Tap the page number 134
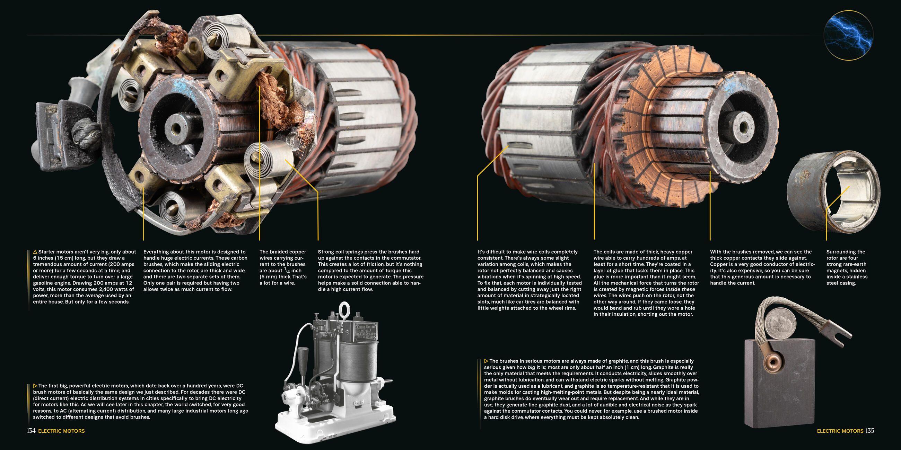tap(31, 431)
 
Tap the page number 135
tap(869, 431)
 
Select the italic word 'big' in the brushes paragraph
tap(532, 367)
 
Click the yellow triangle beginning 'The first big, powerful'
tap(35, 386)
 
